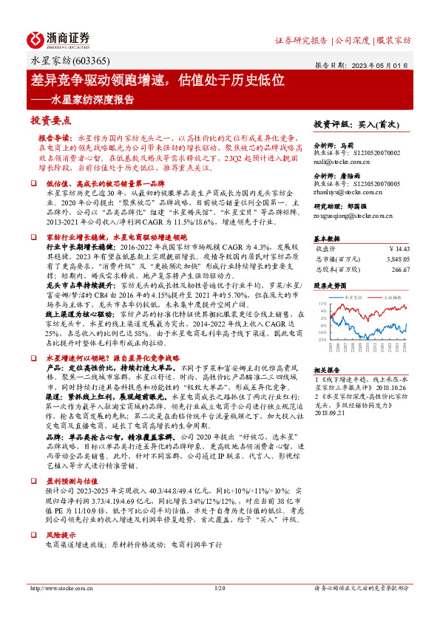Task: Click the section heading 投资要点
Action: [x=51, y=120]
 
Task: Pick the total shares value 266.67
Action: [x=399, y=270]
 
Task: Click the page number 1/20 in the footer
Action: [x=219, y=588]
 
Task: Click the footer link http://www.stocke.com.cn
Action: [x=61, y=588]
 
